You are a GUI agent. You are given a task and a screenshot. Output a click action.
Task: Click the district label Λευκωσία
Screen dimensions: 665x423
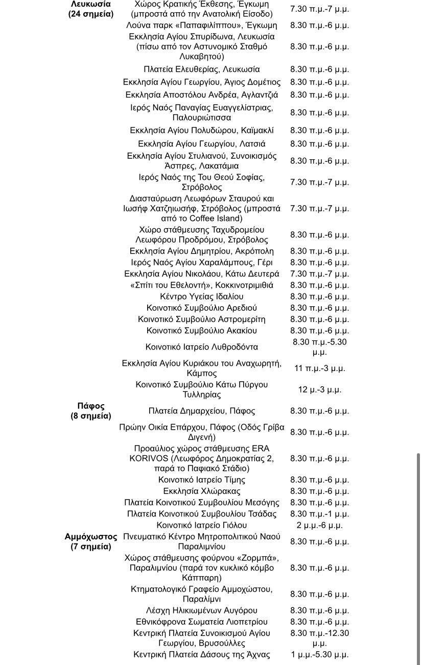click(91, 4)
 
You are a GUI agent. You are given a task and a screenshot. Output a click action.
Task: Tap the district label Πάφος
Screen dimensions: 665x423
click(91, 406)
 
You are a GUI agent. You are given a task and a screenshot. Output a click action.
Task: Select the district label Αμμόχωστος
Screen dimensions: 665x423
click(91, 537)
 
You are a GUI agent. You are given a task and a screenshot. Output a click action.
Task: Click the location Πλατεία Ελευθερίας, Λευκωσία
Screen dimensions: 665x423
click(202, 69)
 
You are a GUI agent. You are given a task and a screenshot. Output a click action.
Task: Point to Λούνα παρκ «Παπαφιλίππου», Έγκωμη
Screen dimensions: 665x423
click(202, 25)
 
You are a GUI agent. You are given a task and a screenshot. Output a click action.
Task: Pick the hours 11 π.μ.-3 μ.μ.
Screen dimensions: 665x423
click(319, 368)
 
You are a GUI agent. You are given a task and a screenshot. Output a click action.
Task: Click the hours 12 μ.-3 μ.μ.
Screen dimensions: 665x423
click(319, 389)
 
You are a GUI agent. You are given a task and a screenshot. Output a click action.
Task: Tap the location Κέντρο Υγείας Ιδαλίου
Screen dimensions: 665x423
click(202, 297)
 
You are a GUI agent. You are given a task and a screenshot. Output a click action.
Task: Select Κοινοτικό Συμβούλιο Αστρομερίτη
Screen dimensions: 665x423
click(202, 319)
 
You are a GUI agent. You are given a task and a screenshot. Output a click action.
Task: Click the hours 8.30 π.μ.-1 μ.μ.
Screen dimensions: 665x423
click(319, 514)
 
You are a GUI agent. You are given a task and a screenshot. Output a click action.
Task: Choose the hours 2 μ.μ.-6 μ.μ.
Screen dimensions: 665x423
click(319, 525)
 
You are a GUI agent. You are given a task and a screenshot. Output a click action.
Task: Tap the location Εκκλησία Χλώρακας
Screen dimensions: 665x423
click(202, 491)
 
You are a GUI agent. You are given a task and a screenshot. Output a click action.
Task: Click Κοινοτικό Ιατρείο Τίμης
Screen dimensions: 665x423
click(202, 480)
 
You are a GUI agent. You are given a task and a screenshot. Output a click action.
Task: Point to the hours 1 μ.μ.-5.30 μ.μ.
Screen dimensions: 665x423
click(319, 655)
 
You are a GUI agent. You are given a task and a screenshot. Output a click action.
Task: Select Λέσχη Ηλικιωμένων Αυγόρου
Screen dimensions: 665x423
click(202, 610)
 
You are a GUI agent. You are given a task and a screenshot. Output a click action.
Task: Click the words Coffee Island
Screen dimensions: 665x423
click(215, 218)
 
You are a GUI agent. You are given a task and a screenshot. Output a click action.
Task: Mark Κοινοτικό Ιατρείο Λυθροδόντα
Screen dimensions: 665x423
click(202, 347)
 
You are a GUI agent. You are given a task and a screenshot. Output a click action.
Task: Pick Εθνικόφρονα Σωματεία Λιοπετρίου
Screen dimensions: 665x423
click(202, 622)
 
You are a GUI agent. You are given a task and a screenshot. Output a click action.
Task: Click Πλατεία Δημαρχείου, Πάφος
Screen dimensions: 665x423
click(202, 411)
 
